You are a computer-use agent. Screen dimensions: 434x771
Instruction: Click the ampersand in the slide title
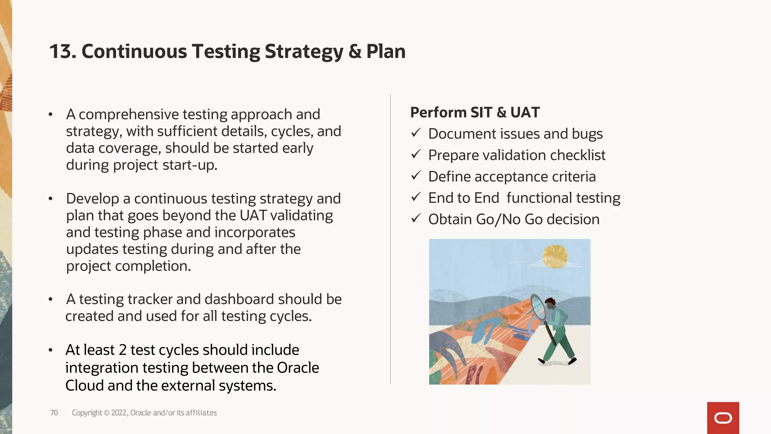[355, 52]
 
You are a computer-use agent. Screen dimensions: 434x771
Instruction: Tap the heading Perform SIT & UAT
[475, 113]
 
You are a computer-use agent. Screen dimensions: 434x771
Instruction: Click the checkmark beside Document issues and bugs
[416, 133]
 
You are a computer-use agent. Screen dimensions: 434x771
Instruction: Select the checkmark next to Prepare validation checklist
[416, 154]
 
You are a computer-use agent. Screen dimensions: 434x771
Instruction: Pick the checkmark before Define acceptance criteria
[416, 176]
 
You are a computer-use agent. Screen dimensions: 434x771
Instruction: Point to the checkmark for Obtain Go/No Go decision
[416, 219]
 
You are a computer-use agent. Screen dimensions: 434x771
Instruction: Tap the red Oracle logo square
[723, 418]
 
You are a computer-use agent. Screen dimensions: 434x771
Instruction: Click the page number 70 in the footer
[54, 413]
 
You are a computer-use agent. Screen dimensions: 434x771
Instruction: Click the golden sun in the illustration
[555, 257]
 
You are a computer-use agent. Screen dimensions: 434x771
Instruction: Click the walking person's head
[550, 303]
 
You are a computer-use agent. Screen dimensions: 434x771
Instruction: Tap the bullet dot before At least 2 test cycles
[50, 350]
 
